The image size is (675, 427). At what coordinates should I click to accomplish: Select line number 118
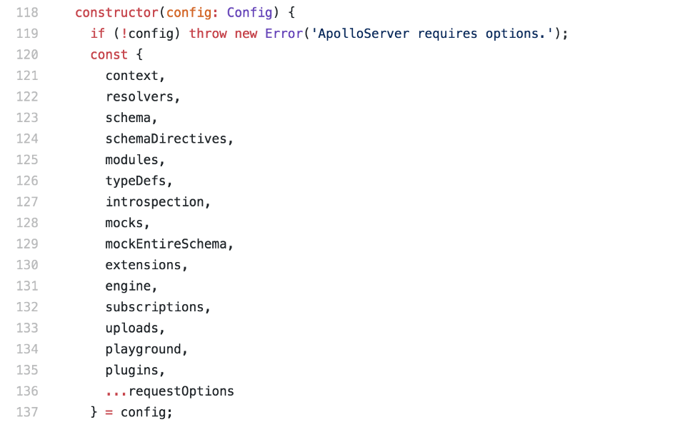(26, 13)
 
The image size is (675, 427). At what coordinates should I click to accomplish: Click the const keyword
(109, 55)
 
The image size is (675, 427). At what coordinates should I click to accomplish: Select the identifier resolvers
(139, 97)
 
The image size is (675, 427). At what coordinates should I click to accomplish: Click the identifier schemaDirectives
(166, 139)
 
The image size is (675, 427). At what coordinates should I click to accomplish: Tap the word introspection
(154, 202)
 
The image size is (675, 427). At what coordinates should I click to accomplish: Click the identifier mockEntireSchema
(166, 244)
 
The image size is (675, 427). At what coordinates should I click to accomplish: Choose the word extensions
(143, 265)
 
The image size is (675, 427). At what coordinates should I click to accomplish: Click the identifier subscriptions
(154, 307)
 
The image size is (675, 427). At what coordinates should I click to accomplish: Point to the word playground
(143, 349)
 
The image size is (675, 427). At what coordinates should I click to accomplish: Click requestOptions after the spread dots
(181, 391)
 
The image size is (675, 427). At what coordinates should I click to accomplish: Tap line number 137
(26, 412)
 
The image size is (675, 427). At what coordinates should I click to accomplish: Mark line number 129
(26, 244)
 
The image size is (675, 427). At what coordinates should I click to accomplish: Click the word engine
(128, 286)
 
